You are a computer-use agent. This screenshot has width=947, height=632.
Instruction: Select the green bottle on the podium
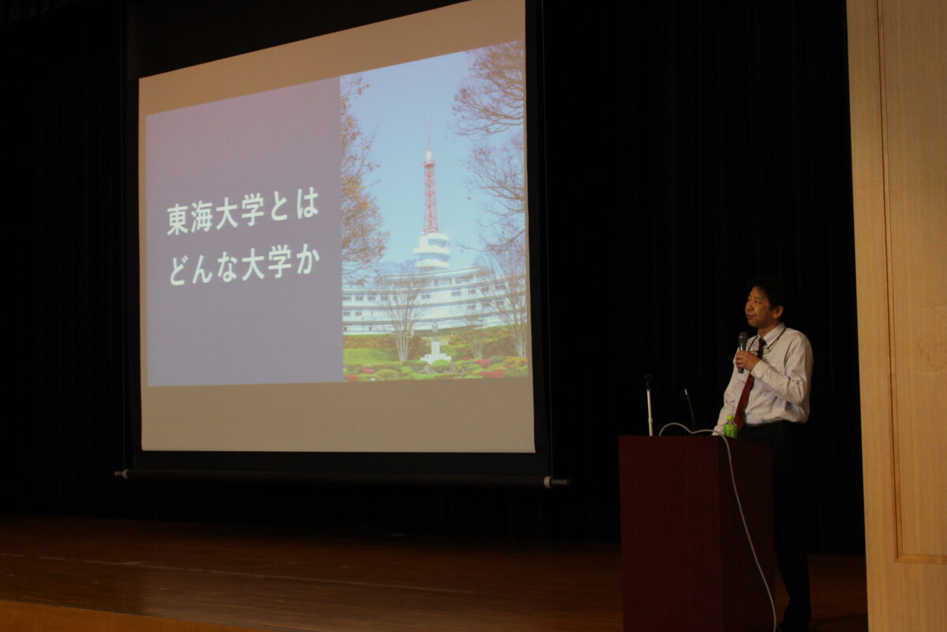(x=730, y=427)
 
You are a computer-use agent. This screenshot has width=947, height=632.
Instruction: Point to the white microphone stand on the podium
(x=649, y=404)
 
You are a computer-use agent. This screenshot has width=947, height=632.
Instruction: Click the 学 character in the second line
(x=279, y=262)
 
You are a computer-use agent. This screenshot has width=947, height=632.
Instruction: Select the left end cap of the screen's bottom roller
(x=122, y=474)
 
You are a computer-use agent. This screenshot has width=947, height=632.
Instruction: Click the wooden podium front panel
(x=695, y=534)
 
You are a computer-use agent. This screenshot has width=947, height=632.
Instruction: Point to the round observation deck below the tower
(x=432, y=250)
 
